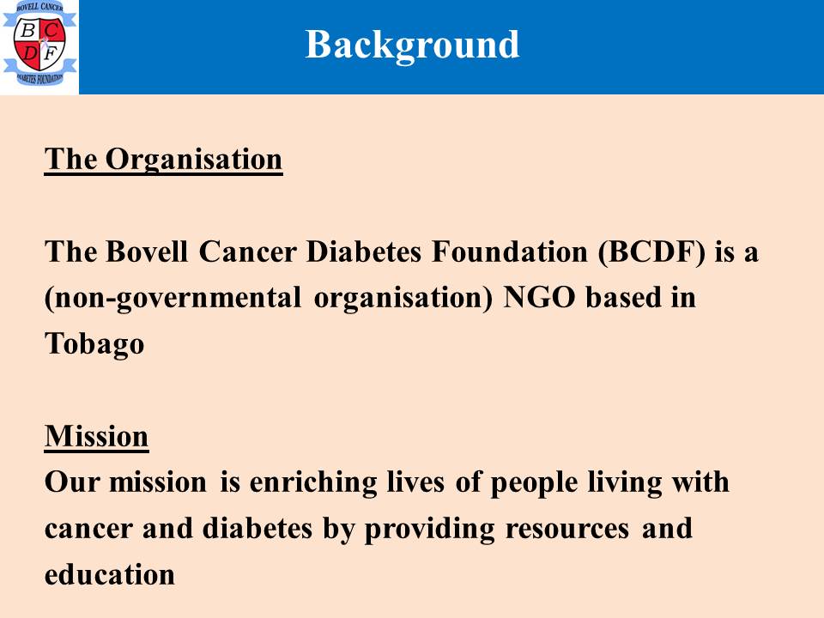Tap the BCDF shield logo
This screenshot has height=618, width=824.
point(39,43)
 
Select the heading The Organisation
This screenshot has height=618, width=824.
point(163,160)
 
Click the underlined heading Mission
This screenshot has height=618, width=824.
point(97,436)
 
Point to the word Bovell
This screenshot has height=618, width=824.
point(147,251)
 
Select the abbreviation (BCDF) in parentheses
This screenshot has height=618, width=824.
point(651,252)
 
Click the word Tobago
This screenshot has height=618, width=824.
point(94,345)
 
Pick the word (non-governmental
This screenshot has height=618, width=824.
point(173,299)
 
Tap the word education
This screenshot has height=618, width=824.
point(110,574)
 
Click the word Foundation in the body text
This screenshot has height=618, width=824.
point(510,251)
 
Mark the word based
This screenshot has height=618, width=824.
point(623,298)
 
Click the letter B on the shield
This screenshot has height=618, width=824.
point(27,31)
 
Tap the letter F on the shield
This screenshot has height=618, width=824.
point(51,53)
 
